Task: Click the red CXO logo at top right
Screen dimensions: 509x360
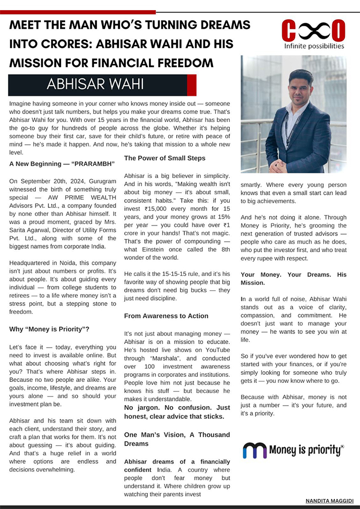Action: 313,30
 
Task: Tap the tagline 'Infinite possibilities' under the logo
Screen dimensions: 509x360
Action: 314,46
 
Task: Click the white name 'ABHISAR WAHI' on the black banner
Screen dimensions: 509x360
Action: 95,84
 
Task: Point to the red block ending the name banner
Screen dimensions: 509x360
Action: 191,85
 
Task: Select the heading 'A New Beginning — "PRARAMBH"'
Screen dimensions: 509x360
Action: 62,163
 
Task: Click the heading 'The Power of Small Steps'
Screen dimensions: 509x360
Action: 165,158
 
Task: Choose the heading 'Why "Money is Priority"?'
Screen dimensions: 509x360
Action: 49,329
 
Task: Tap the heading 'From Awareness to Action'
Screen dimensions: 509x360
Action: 166,316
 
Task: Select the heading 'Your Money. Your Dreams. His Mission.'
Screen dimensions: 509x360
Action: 293,278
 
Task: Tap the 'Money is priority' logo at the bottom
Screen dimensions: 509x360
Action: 293,449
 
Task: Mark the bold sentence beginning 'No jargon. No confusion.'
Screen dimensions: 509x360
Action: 177,412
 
